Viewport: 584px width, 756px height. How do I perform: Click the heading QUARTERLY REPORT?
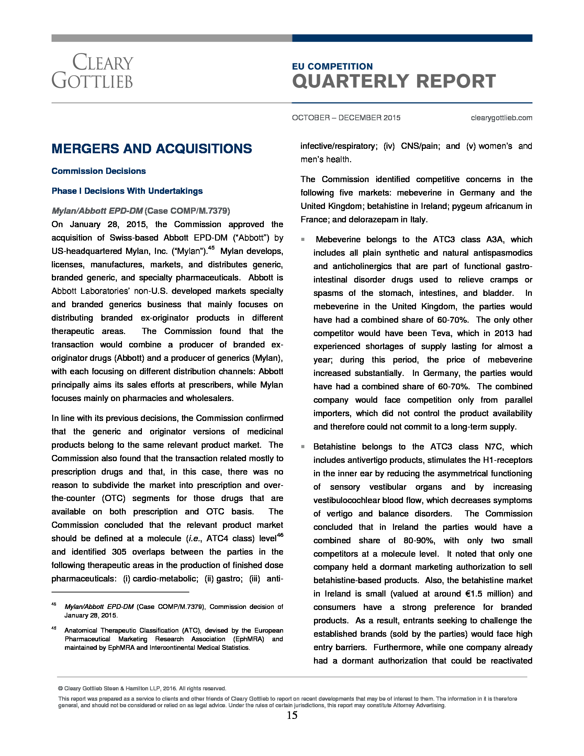[394, 81]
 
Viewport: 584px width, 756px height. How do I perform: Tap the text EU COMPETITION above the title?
[332, 66]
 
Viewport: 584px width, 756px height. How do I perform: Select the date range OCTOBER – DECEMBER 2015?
[346, 118]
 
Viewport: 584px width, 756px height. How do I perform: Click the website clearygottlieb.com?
[501, 118]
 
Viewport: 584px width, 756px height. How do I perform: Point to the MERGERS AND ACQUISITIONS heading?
[151, 148]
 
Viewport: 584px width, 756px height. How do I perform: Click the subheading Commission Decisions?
[99, 171]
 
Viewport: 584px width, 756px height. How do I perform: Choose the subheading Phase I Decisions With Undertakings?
[127, 191]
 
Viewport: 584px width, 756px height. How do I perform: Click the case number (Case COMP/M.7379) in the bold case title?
[187, 211]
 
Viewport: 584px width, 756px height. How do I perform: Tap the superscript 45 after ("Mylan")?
[211, 248]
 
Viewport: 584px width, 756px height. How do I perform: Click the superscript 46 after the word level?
[280, 535]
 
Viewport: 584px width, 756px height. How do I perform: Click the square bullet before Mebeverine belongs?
[303, 240]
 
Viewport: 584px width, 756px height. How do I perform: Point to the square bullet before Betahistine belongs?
[303, 446]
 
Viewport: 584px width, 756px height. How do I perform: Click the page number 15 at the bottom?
[292, 715]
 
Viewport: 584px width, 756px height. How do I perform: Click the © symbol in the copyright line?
[60, 689]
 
